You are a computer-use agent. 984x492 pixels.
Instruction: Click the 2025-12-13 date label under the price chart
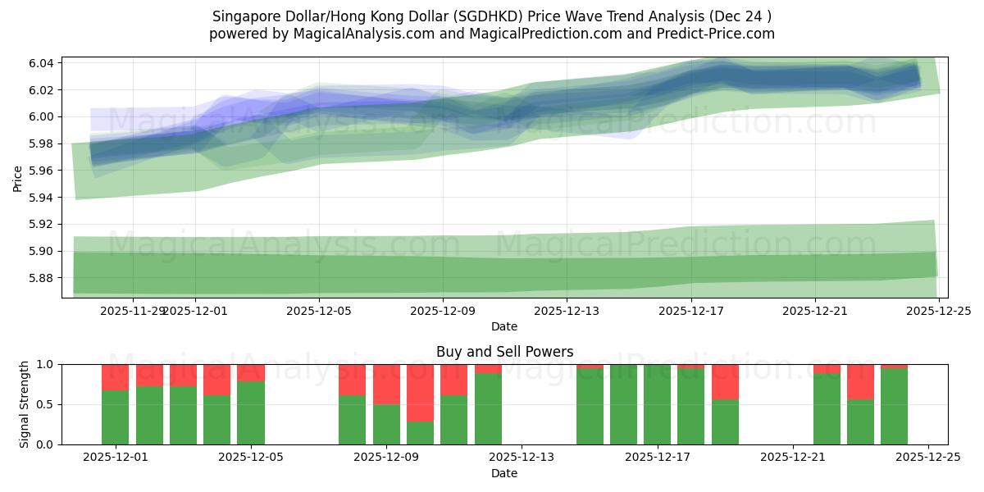coord(566,312)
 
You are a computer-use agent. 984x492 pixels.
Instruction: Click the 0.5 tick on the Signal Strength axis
coord(46,404)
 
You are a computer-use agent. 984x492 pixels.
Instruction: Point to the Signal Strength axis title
coord(25,404)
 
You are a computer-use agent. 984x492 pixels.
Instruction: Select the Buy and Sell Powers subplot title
coord(503,352)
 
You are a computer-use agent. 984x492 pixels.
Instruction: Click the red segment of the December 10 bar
coord(453,380)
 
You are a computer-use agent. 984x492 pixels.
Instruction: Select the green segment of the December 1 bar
coord(115,417)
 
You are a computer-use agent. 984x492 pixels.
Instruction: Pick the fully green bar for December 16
coord(623,404)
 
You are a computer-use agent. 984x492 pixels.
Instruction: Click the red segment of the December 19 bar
coord(725,381)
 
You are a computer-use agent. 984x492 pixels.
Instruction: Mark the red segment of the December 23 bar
coord(860,381)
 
